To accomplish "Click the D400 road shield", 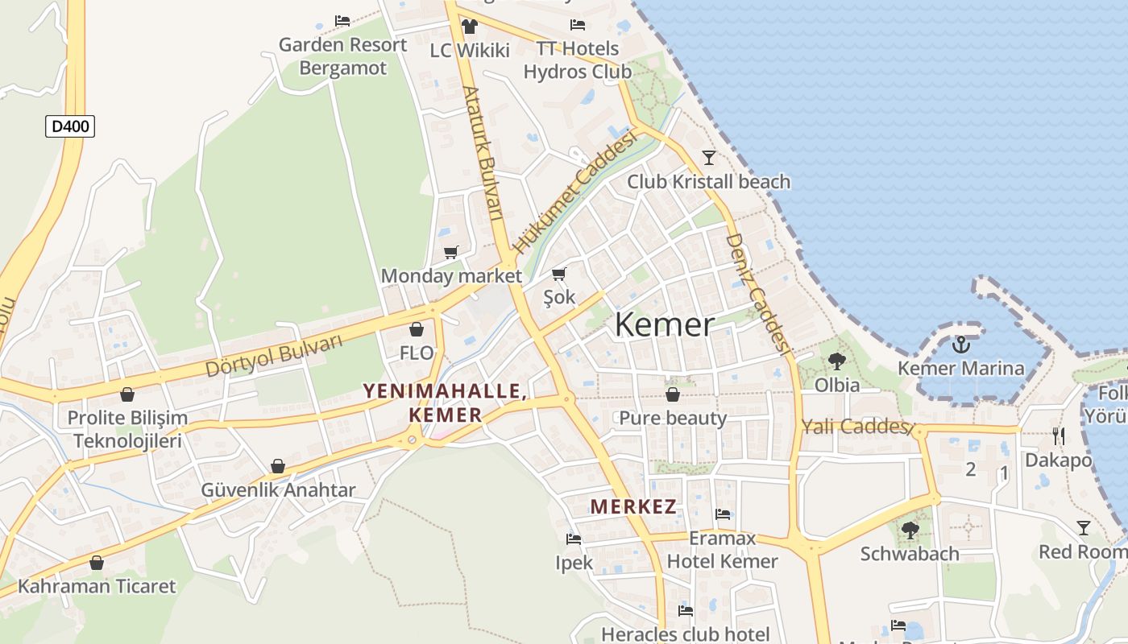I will [x=70, y=126].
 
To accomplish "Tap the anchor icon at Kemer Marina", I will [x=960, y=345].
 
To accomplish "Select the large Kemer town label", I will [x=664, y=324].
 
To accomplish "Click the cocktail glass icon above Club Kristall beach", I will [x=709, y=157].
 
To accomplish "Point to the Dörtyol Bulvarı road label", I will [x=274, y=356].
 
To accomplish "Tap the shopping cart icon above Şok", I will [x=559, y=274].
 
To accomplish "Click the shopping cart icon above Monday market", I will [x=451, y=253].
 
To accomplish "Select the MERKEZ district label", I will [x=633, y=506].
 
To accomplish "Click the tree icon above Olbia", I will [x=837, y=361].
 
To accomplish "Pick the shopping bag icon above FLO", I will [x=417, y=329].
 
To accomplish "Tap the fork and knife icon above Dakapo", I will [x=1059, y=436].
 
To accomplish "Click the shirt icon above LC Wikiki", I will [x=470, y=26].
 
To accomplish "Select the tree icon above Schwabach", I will [x=910, y=530].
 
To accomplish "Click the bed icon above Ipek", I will [x=574, y=539].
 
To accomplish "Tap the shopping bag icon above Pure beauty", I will [x=673, y=394].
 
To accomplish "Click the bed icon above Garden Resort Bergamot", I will [x=342, y=21].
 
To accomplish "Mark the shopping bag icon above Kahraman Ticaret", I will [x=97, y=562].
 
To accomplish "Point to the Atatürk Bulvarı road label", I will [x=483, y=153].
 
